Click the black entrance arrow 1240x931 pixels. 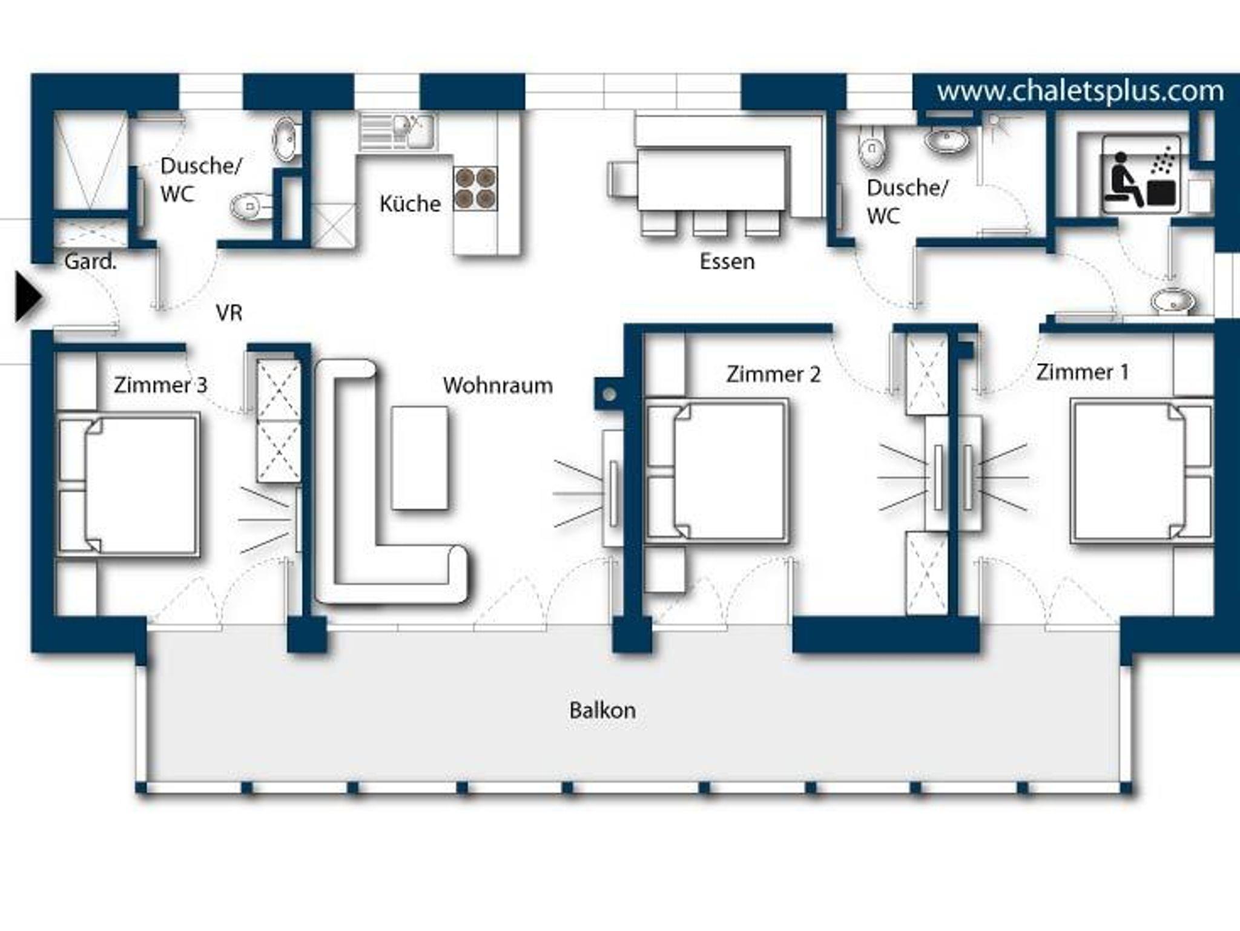(x=28, y=297)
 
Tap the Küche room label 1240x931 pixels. (x=410, y=203)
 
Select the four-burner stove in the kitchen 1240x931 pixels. (x=475, y=188)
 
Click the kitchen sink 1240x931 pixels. (x=397, y=131)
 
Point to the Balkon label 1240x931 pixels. (x=602, y=710)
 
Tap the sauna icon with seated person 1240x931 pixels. (x=1141, y=174)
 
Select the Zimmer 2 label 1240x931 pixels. (x=773, y=374)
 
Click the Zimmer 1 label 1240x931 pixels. (x=1083, y=372)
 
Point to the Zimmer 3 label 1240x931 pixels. (x=160, y=385)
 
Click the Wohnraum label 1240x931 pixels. (x=498, y=386)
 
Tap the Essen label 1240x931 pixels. (x=727, y=262)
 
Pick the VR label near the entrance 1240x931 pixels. (x=229, y=312)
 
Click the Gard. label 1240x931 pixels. (x=90, y=262)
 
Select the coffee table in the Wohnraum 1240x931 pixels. (x=420, y=458)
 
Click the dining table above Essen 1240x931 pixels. (x=713, y=179)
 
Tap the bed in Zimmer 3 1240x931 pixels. (x=128, y=484)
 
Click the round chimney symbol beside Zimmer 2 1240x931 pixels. (x=610, y=395)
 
